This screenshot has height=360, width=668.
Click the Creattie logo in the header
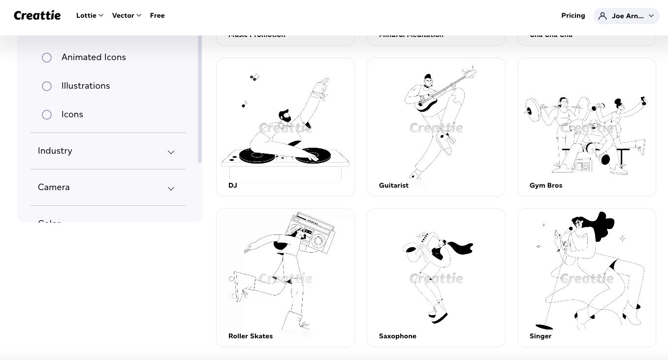[37, 16]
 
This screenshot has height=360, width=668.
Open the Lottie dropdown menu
[90, 15]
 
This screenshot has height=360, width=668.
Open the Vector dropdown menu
[127, 15]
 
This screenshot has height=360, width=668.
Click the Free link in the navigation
[157, 15]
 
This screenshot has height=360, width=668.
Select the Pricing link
[573, 15]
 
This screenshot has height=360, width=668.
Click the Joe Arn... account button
[626, 16]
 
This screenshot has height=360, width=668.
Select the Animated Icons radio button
[47, 58]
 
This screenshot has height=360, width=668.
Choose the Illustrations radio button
[47, 86]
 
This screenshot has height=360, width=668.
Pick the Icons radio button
[47, 115]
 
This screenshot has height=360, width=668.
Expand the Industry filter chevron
[171, 152]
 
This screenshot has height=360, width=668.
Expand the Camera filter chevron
[171, 188]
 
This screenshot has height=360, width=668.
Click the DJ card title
[233, 186]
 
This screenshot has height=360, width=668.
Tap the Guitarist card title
[394, 186]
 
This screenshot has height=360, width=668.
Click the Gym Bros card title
[546, 186]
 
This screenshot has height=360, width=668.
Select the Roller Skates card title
[251, 336]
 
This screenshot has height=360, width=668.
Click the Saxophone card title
[398, 336]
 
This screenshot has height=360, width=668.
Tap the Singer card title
[541, 336]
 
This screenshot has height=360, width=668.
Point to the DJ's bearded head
[285, 116]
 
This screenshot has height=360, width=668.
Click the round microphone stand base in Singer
[544, 327]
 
